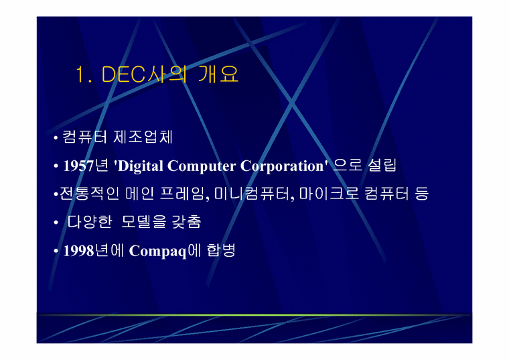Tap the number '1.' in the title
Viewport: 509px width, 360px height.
pyautogui.click(x=84, y=75)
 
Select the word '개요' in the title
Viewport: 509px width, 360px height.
pyautogui.click(x=218, y=75)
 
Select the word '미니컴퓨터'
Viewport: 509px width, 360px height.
pyautogui.click(x=248, y=194)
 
